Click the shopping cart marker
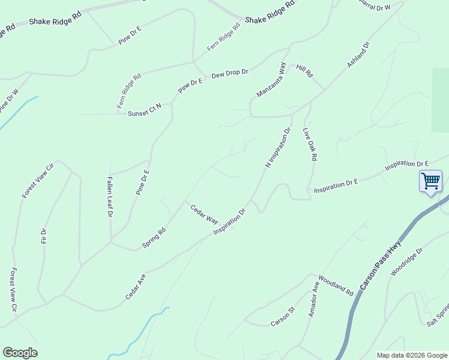430,181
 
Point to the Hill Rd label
305,70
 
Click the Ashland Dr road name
359,55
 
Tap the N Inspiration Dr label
278,147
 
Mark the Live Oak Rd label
310,144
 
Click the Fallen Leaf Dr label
110,197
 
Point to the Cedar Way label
204,214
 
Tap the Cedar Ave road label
136,287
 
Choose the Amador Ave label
313,297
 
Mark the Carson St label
283,317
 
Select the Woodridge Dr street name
406,262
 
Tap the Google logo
20,353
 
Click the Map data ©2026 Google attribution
411,355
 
